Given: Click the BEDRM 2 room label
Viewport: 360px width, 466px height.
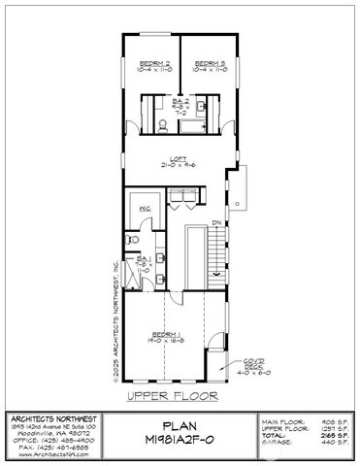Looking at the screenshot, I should click(x=154, y=66).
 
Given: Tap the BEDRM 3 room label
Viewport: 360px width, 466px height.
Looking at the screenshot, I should click(x=209, y=66).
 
